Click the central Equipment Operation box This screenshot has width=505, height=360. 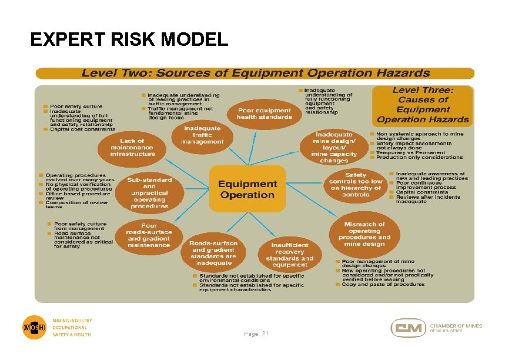[x=248, y=189]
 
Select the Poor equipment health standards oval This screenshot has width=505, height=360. [x=264, y=113]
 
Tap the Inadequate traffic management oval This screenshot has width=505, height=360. [x=202, y=135]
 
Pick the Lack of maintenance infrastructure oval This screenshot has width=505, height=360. [x=133, y=147]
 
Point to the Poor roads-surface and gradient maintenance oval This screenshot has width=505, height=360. [x=149, y=235]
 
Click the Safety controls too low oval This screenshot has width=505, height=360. [x=356, y=185]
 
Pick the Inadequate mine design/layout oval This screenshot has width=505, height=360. [x=334, y=147]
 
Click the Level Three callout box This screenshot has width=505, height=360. [x=423, y=105]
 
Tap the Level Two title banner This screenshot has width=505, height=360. [x=255, y=74]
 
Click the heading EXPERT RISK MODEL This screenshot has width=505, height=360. [x=129, y=39]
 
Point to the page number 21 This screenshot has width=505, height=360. [x=265, y=334]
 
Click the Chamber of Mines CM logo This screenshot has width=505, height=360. [x=408, y=328]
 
